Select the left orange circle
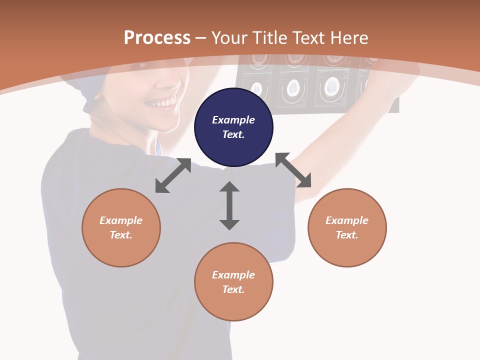coord(121,227)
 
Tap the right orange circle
coord(347,227)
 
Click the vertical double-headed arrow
coord(229,205)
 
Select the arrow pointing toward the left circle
coord(173,175)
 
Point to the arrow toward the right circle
coord(293,170)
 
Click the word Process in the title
coord(157,37)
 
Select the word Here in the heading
coord(350,37)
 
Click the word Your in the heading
coord(230,37)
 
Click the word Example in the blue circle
coord(233,120)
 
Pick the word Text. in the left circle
coord(121,235)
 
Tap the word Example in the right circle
coord(347,220)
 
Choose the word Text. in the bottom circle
coord(233,289)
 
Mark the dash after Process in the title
coord(201,38)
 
